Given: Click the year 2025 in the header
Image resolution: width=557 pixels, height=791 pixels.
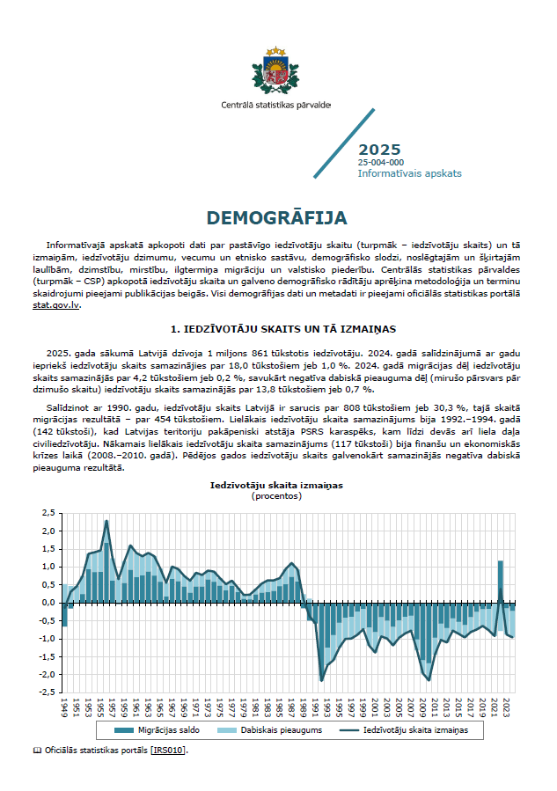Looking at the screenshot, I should [x=379, y=150].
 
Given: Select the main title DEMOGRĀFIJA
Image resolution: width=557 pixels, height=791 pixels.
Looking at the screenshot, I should [x=277, y=217].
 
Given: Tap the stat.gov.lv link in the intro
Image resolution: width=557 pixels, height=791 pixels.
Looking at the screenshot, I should [x=62, y=305].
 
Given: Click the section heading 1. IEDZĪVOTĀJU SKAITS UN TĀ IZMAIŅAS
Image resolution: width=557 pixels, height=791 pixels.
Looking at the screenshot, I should [x=278, y=329].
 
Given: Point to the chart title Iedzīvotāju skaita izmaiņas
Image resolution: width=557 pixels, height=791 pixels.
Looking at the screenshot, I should [x=276, y=485].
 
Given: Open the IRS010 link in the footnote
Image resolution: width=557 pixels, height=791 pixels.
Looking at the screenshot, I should [x=169, y=751].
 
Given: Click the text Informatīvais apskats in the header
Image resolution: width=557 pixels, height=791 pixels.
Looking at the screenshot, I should [x=409, y=174].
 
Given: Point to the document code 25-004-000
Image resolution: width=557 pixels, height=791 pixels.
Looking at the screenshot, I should [x=381, y=163].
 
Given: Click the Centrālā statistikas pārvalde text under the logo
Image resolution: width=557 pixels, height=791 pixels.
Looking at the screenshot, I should [x=276, y=105].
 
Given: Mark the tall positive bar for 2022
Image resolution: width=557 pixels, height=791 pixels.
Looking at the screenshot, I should [x=501, y=581].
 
